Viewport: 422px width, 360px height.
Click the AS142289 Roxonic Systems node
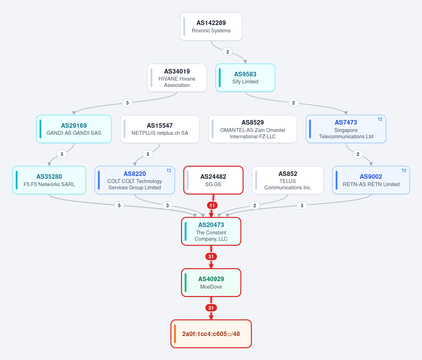click(x=211, y=27)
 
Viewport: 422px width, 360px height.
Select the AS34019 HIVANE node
click(x=177, y=78)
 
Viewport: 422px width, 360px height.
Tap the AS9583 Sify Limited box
click(x=245, y=78)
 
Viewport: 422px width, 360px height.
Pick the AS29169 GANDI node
click(x=74, y=129)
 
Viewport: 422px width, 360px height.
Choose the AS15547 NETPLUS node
click(x=160, y=129)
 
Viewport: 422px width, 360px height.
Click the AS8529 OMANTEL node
click(x=253, y=129)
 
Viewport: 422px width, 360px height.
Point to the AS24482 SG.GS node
click(x=213, y=180)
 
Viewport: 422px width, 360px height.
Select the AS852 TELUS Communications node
click(x=288, y=180)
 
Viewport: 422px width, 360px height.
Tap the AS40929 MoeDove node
click(x=211, y=283)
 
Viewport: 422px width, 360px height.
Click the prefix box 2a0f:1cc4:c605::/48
click(x=211, y=334)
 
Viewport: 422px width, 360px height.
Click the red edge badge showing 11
click(x=212, y=206)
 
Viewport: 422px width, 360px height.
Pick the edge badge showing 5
click(x=119, y=206)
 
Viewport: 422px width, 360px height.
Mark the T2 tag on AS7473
click(x=380, y=119)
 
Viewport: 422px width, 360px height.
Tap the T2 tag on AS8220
click(x=169, y=171)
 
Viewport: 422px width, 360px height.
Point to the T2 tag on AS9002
click(x=404, y=171)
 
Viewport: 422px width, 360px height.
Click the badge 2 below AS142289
click(x=228, y=52)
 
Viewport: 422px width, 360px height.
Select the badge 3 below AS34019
click(x=127, y=103)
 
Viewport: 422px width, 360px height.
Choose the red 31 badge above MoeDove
click(x=211, y=257)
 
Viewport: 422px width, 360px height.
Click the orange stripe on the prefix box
click(x=175, y=334)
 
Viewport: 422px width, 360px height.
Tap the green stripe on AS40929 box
click(x=186, y=283)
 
